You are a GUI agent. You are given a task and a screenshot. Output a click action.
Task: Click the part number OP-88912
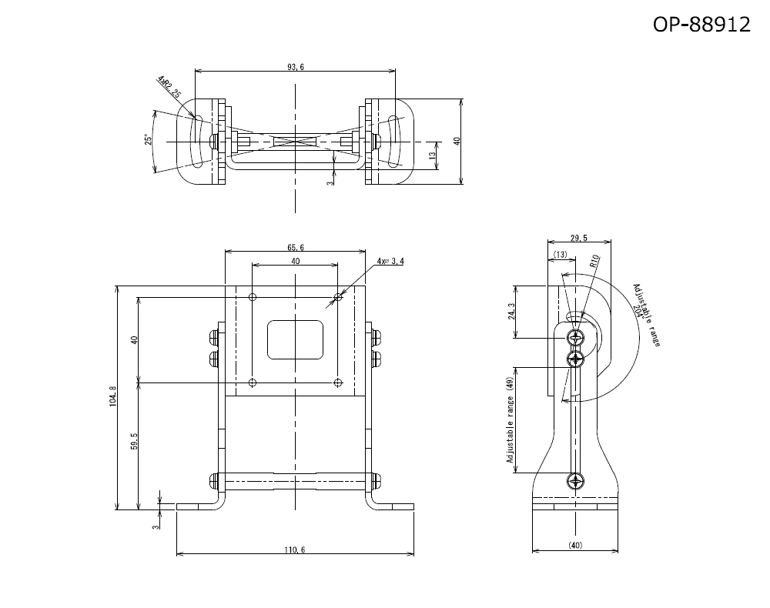pos(701,25)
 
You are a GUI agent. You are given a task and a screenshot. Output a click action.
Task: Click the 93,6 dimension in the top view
pos(296,68)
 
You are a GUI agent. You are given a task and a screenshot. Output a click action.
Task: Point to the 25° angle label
pos(146,140)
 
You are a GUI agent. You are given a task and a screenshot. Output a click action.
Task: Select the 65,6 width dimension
pos(296,248)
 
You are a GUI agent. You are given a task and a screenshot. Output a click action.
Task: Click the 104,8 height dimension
pos(112,396)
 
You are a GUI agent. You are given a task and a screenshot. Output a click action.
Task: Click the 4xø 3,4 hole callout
pos(390,262)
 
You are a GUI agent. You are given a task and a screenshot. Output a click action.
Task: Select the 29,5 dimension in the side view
pos(580,238)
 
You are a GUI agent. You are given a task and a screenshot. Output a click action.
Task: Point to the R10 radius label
pos(594,261)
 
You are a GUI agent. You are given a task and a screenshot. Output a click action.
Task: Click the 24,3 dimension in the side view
pos(511,312)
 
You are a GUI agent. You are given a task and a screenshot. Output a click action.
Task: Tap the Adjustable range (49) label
pos(510,420)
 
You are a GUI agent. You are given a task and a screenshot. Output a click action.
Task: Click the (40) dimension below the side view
pos(575,546)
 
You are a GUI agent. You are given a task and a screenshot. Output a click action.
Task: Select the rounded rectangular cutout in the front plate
pos(296,339)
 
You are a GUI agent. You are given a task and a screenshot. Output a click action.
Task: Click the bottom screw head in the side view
pos(576,483)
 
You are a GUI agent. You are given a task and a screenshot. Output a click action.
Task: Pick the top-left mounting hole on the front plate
pos(253,297)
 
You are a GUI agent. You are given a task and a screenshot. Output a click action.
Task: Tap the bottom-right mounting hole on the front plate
pos(338,382)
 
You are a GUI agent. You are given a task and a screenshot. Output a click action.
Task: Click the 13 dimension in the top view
pos(433,155)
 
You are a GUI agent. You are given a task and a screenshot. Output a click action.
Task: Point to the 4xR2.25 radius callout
pos(168,88)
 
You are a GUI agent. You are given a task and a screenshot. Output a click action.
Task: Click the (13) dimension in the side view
pos(560,254)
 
